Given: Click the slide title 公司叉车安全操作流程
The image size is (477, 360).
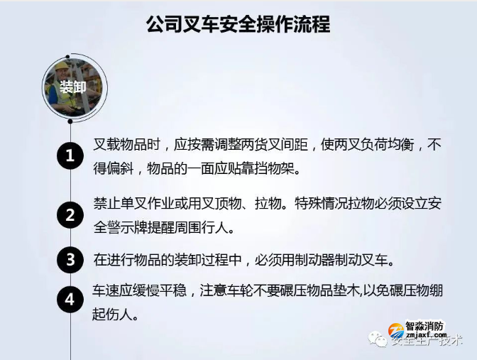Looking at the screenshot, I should [238, 25].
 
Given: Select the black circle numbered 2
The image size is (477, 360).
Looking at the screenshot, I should [70, 214].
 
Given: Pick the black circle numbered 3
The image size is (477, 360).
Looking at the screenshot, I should [70, 260].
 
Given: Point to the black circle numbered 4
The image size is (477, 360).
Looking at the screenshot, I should [70, 300].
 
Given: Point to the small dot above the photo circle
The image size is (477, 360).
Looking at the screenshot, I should [69, 56].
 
